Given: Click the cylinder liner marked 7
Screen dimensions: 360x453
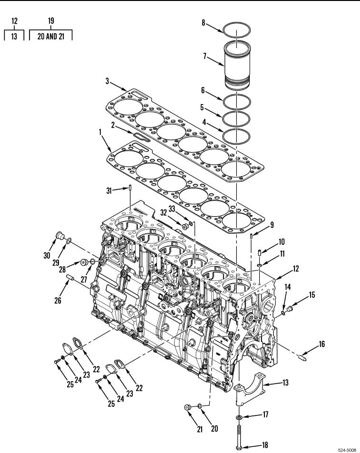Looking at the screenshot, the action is [237, 65].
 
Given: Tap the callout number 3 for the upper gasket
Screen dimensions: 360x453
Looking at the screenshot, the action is [107, 81].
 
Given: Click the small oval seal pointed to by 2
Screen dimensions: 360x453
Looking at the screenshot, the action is [142, 137].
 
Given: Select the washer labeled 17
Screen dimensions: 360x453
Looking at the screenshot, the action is [239, 417].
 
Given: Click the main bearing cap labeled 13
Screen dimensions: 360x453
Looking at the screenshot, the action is [250, 386].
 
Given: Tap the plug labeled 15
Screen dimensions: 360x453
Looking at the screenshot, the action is [290, 310].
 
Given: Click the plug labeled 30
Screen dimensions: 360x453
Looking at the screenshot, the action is [60, 235].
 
